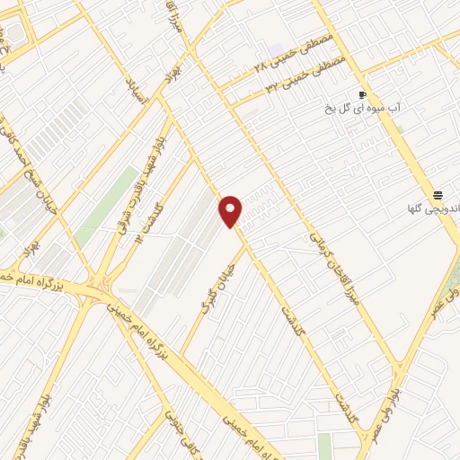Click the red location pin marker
click(x=231, y=210)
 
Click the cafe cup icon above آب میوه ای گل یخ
click(x=362, y=94)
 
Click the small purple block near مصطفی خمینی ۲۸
click(x=275, y=49)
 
